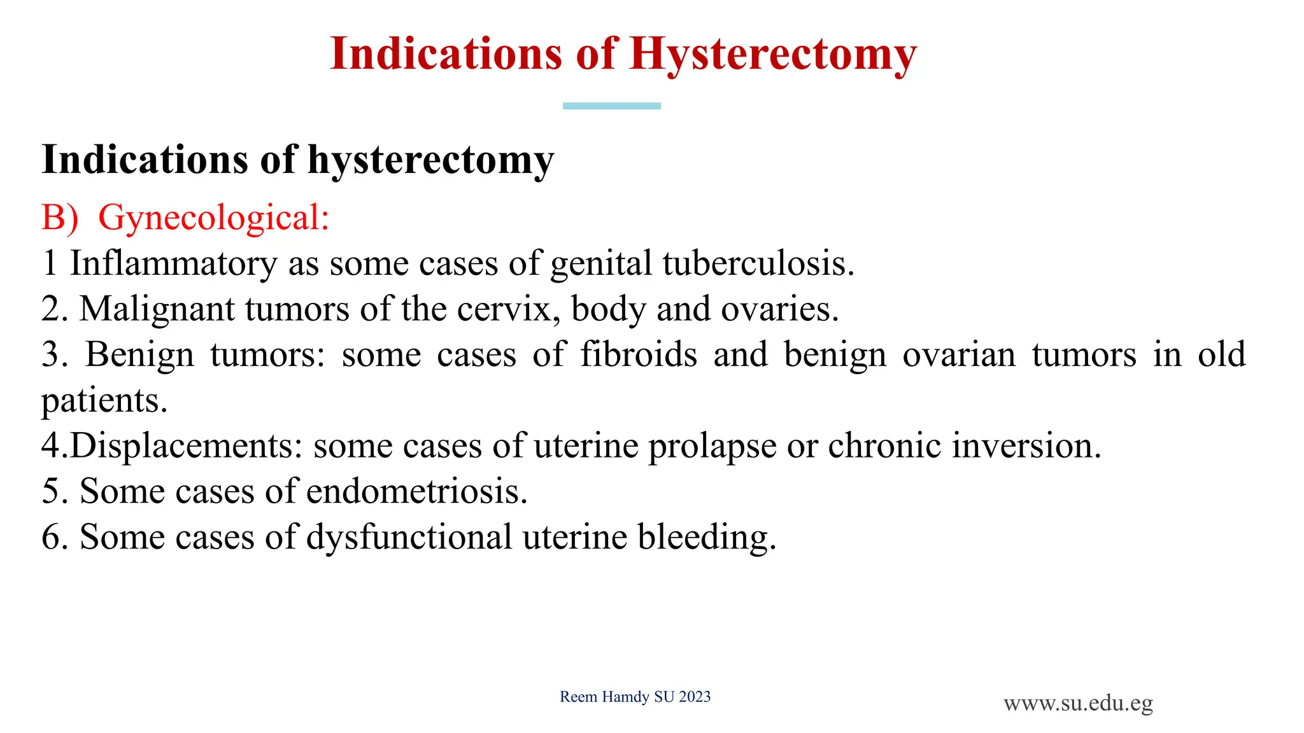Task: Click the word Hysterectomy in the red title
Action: tap(773, 55)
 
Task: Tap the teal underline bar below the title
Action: tap(611, 106)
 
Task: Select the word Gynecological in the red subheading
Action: tap(213, 218)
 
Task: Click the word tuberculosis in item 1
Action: tap(758, 263)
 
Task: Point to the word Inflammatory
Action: tap(173, 263)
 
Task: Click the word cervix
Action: tap(509, 309)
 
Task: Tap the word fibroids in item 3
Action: tap(639, 354)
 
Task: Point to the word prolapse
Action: tap(712, 446)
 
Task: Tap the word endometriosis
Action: tap(416, 491)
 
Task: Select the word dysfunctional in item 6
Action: tap(409, 537)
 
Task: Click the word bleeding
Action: tap(707, 537)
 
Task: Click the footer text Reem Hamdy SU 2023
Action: tap(635, 697)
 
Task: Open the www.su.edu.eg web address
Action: tap(1078, 704)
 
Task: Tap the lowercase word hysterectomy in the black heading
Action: tap(431, 160)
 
